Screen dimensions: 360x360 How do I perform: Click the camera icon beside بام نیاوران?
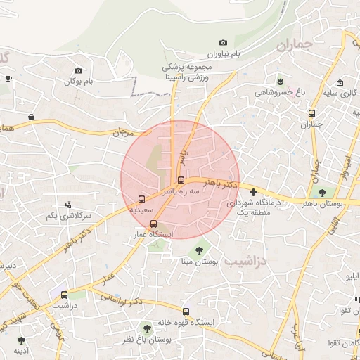[224, 43]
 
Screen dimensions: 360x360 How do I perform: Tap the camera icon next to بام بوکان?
[78, 71]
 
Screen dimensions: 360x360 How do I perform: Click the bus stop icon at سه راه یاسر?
[181, 180]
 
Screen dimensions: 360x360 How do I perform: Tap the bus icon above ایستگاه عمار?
[154, 224]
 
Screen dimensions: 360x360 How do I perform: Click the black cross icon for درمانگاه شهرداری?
[253, 192]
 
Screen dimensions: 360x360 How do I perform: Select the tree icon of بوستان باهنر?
[323, 192]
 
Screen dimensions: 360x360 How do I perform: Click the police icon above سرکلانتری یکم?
[68, 205]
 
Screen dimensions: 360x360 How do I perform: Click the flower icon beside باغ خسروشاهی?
[280, 80]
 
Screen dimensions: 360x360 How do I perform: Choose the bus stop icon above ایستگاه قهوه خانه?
[186, 311]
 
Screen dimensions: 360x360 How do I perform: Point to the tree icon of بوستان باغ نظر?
[147, 328]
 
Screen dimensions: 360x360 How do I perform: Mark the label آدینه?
[21, 349]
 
